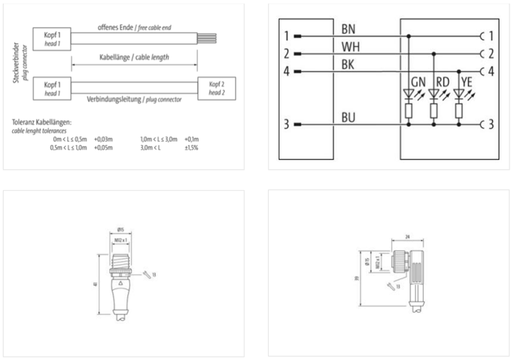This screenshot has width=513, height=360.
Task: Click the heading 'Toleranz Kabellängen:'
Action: (x=42, y=122)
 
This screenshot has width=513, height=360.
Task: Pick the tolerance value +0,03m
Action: (x=103, y=139)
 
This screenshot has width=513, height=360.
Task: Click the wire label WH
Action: (x=350, y=47)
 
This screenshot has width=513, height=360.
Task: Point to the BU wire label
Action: (x=349, y=117)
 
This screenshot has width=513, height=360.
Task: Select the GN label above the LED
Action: (x=417, y=82)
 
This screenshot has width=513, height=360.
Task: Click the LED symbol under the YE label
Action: (x=458, y=94)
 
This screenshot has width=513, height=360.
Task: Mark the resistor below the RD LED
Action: (x=433, y=111)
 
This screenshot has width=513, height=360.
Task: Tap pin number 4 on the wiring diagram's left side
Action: (x=287, y=71)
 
